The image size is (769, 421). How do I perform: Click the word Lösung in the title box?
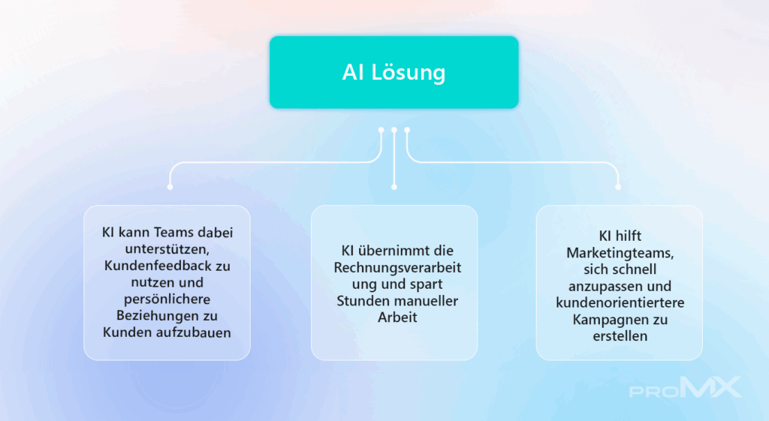[x=408, y=73]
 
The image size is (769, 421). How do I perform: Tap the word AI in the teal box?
[x=353, y=72]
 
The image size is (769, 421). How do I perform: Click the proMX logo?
[x=685, y=387]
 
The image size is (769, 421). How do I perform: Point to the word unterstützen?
[x=167, y=249]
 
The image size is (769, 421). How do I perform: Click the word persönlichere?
[x=167, y=299]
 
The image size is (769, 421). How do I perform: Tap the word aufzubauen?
[x=194, y=332]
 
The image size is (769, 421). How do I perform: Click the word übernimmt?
[x=391, y=251]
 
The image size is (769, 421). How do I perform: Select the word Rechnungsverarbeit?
[x=397, y=268]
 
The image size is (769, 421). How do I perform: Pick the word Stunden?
[x=360, y=300]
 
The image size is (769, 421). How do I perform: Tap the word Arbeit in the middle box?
[x=397, y=317]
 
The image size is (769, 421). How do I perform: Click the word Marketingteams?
[x=620, y=253]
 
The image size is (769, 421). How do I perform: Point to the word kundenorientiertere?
[x=620, y=302]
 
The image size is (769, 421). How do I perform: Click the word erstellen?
[x=620, y=335]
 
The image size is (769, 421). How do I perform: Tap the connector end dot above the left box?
[x=170, y=187]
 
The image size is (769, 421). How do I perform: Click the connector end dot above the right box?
[x=618, y=187]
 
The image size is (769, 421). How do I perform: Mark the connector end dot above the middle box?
[x=394, y=187]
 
